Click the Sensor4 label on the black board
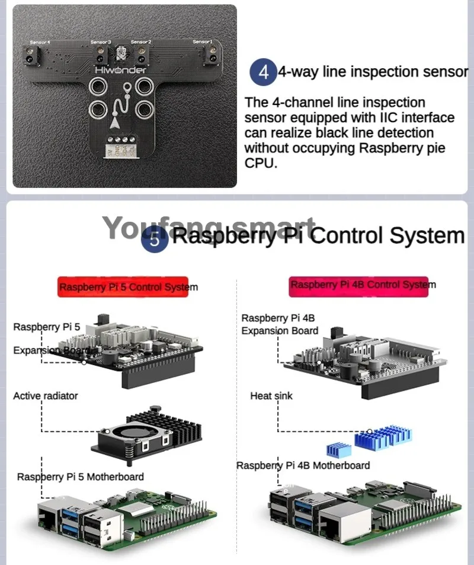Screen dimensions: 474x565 (x=40, y=43)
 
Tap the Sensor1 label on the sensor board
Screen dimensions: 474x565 (x=202, y=42)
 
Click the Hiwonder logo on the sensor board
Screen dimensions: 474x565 (x=121, y=70)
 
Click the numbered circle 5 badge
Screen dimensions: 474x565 (x=155, y=240)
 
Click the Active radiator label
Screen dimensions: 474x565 (x=46, y=395)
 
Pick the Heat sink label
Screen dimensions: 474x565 (x=271, y=395)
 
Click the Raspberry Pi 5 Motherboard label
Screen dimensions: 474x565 (x=81, y=476)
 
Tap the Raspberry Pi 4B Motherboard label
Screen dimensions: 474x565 (x=303, y=465)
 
